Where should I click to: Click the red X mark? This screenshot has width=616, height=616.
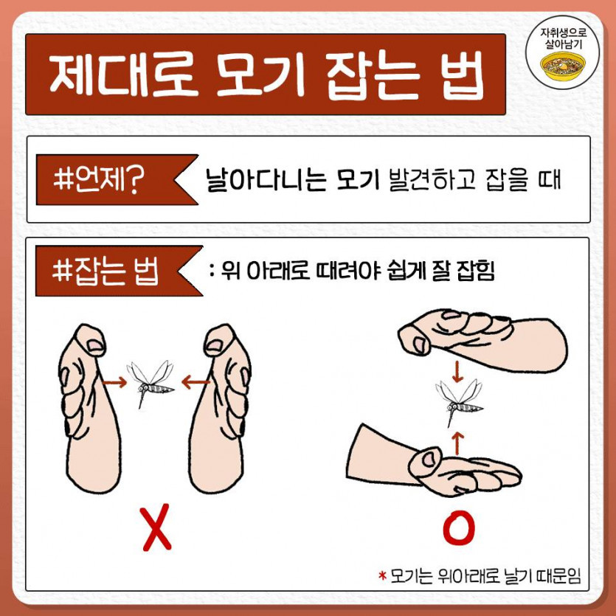coord(156,527)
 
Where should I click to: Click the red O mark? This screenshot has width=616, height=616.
coord(458,528)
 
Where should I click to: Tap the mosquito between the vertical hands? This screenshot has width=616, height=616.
coord(150,384)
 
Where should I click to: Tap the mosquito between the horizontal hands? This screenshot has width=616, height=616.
coord(459,403)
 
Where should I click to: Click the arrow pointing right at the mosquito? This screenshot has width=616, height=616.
coord(114,382)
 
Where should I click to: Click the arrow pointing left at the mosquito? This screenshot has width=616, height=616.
coord(195,381)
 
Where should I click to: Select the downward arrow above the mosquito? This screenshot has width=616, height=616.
coord(457,372)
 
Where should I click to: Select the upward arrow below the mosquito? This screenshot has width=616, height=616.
coord(457,443)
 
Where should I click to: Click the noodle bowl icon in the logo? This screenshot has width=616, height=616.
coord(563,66)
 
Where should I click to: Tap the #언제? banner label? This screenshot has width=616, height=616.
coord(99,180)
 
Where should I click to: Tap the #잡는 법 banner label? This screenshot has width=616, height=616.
coord(105,271)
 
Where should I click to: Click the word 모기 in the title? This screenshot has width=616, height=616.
coord(260,75)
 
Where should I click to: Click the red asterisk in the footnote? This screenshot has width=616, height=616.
coord(382,576)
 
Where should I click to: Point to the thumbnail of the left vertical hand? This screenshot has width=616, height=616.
coord(95,345)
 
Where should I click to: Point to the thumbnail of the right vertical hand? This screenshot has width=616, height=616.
coord(214,345)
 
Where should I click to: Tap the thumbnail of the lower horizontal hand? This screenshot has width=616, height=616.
coord(428,458)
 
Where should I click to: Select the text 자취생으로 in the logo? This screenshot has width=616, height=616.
coord(563,32)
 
